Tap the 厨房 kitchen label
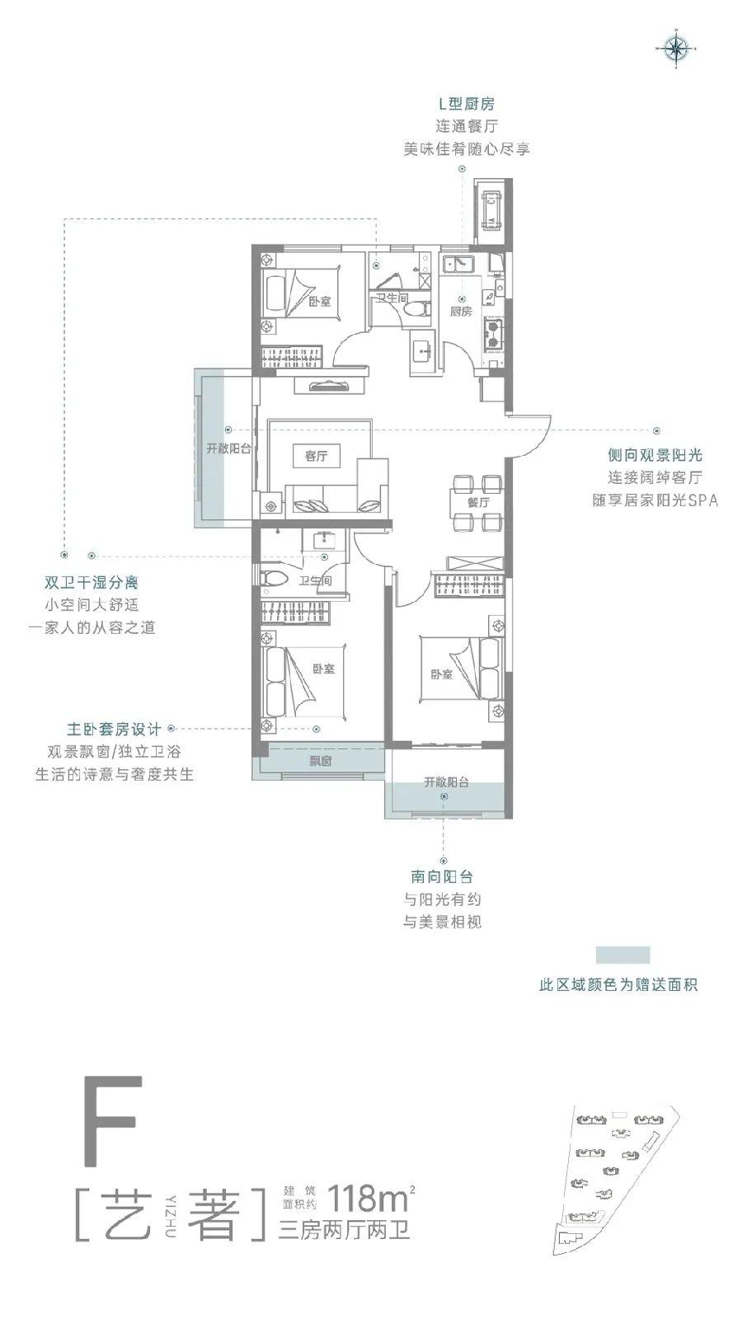point(461,312)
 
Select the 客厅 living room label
point(317,456)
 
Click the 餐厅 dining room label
point(479,502)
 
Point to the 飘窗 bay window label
point(321,761)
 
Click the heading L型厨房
point(466,104)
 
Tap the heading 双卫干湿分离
point(92,583)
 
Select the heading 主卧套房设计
point(114,729)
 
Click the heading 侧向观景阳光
point(656,455)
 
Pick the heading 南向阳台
point(442,877)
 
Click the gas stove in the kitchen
point(493,333)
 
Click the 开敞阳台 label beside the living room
point(228,448)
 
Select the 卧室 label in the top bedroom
point(320,302)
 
